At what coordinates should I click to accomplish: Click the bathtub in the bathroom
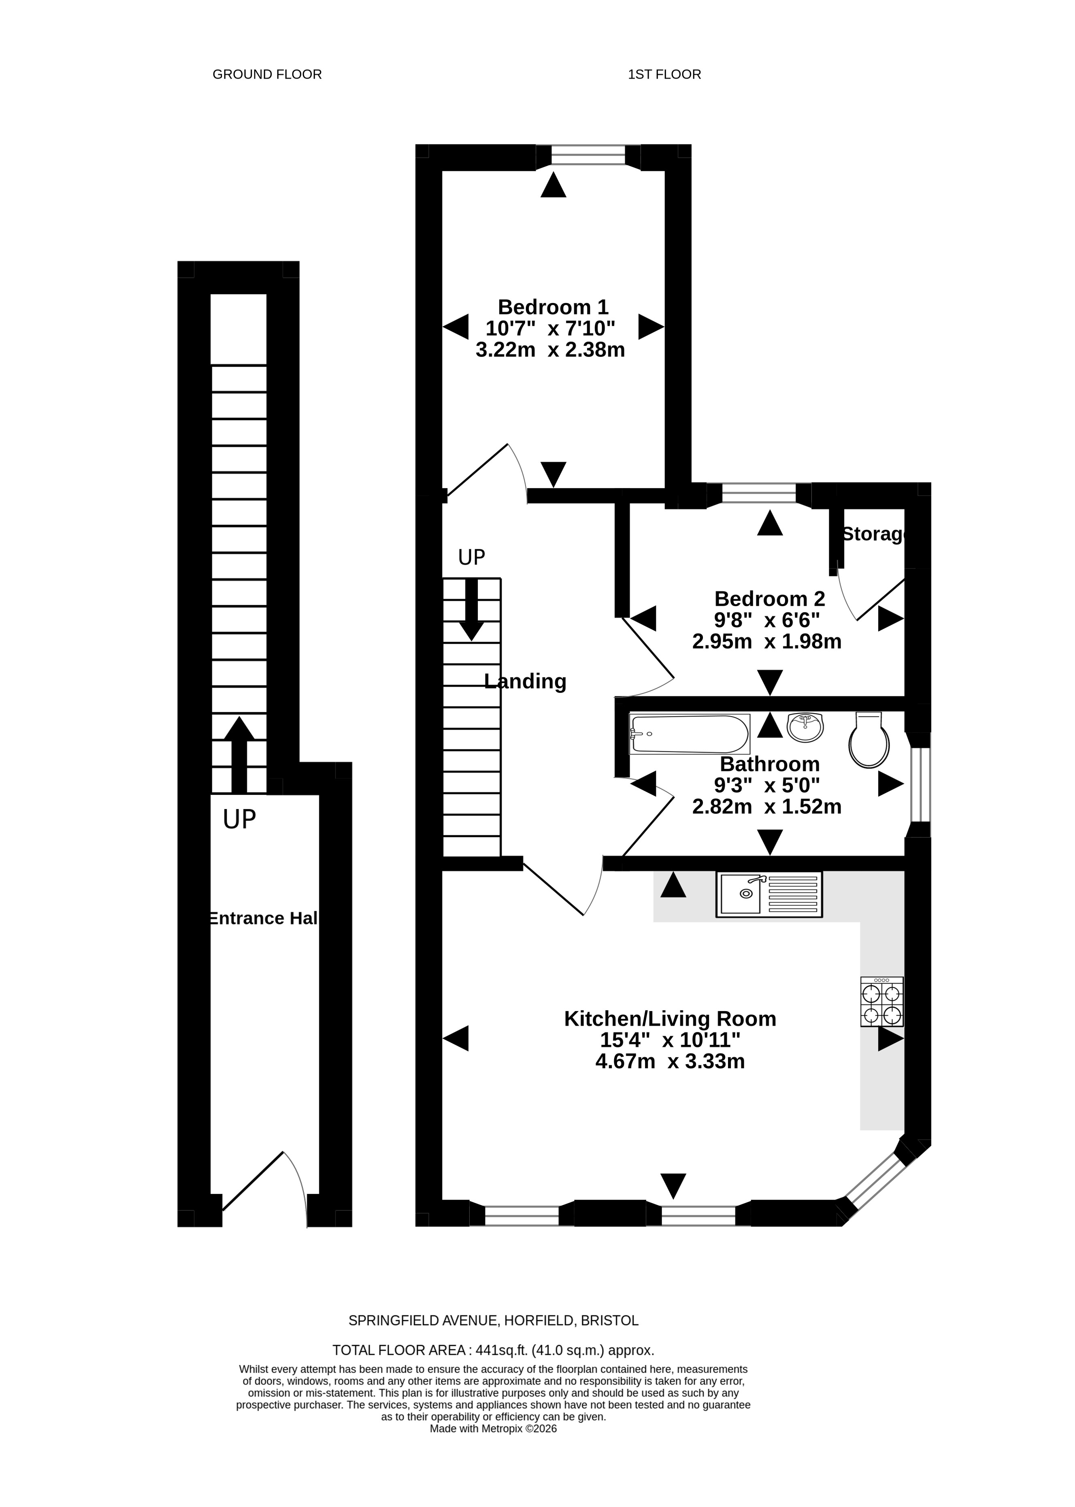tap(690, 734)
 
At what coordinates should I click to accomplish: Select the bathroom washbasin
tap(805, 727)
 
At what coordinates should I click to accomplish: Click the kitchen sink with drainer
tap(769, 894)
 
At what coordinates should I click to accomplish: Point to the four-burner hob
tap(882, 1002)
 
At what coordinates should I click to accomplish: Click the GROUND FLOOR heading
tap(267, 74)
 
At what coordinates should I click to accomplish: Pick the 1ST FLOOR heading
tap(664, 74)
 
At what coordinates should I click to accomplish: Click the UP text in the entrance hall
tap(239, 820)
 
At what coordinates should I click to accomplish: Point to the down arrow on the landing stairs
tap(471, 610)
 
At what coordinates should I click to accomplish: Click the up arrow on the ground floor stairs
tap(239, 755)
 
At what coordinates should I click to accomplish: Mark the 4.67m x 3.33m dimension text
tap(670, 1061)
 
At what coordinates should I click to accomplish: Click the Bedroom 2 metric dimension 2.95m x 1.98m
tap(766, 642)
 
